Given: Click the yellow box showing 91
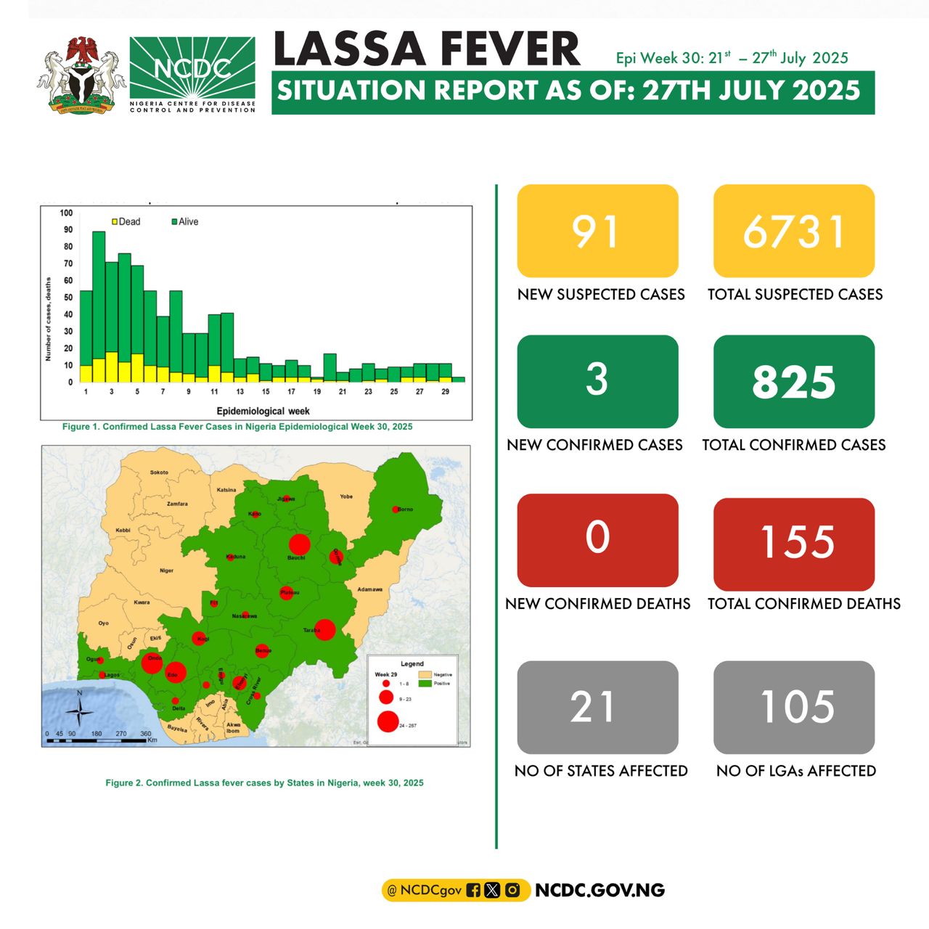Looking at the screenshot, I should (597, 231).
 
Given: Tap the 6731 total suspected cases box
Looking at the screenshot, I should (794, 231).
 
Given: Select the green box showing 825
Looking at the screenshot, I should (794, 382).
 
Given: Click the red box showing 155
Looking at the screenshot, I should (794, 543).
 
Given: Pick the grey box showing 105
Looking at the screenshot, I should (794, 707).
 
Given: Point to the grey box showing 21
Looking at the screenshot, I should (597, 707).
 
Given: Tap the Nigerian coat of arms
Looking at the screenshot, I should (81, 75).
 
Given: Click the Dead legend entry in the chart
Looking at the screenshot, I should (126, 221).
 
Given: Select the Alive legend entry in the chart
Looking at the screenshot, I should (184, 221).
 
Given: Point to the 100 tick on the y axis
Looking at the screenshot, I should (66, 213).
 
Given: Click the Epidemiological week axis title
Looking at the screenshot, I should (263, 411).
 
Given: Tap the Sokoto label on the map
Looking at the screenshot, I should (159, 472).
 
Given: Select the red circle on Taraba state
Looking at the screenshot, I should (325, 629).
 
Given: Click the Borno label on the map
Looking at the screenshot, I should (405, 509).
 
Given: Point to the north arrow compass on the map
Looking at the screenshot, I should (80, 709).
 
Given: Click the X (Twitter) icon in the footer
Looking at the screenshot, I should (492, 890).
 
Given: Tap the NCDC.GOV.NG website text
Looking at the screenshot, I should (599, 890).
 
